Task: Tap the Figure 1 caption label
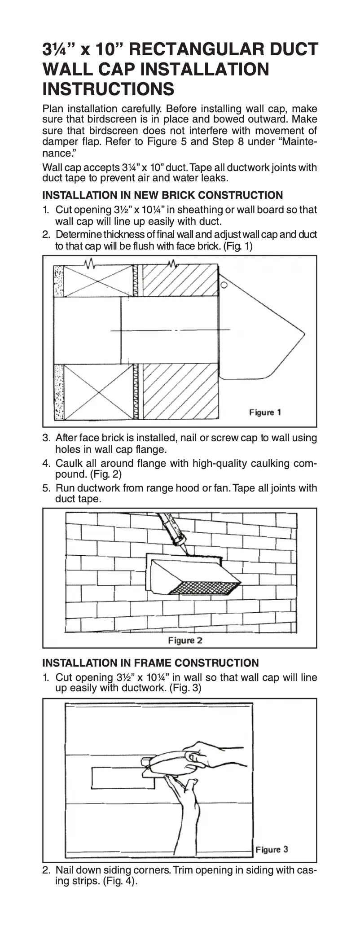[x=265, y=412]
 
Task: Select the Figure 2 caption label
[x=185, y=640]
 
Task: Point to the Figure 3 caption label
[x=272, y=849]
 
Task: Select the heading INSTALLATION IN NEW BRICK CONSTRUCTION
[x=162, y=195]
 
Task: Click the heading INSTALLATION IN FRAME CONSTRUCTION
[x=150, y=663]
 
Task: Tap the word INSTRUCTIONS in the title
[x=108, y=89]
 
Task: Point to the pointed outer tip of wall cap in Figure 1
[x=304, y=333]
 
